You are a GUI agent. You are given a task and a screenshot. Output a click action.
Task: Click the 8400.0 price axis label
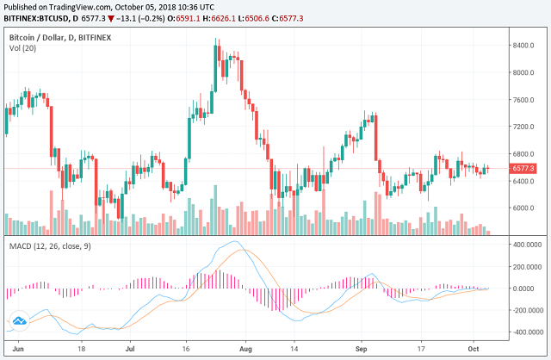[x=523, y=45]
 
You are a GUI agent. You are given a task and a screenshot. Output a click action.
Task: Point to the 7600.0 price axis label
[x=523, y=99]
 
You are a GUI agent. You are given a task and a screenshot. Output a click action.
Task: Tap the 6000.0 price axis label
[x=523, y=208]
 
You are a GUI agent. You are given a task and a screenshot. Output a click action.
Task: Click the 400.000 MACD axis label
[x=525, y=245]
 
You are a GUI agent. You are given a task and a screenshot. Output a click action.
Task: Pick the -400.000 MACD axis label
[x=524, y=332]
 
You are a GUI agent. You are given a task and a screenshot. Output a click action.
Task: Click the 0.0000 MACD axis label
[x=526, y=289]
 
